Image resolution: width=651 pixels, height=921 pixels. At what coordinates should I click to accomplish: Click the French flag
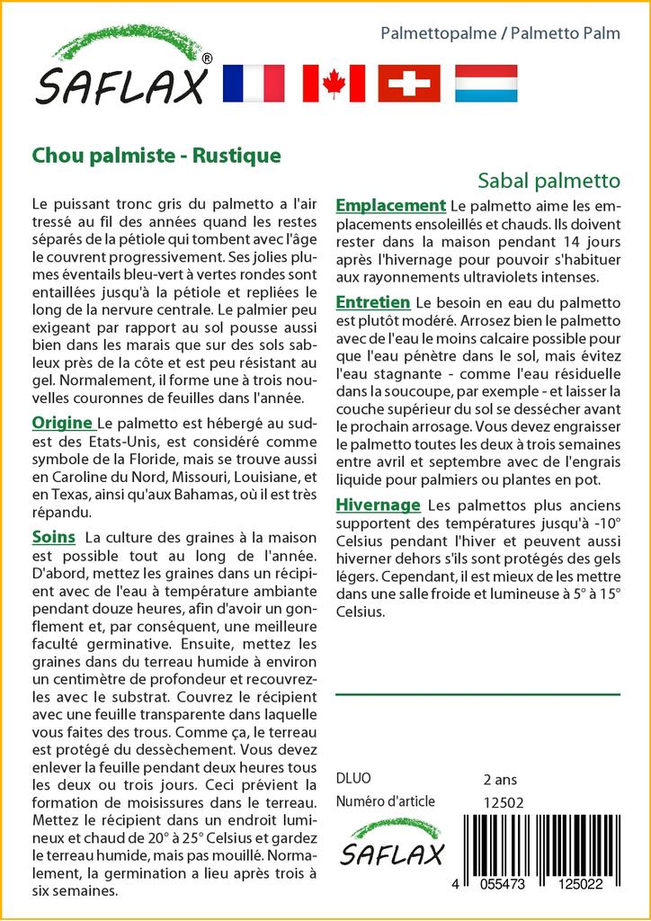pos(253,84)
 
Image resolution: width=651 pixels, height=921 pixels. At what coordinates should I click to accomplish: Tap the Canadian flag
pos(334,84)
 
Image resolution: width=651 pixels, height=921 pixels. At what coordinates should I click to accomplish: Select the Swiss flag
pos(409,84)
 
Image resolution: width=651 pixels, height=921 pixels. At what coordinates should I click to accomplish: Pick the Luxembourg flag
pos(486,84)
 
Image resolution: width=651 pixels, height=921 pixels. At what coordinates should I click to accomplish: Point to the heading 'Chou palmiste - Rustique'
pos(156,155)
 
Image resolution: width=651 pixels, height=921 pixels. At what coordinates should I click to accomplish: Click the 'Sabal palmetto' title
pos(548,179)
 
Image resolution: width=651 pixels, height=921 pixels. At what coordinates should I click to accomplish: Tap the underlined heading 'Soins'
pos(53,537)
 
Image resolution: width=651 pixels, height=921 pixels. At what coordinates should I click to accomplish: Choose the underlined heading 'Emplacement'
pos(390,206)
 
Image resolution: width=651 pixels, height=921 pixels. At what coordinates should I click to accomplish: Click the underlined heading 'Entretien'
pos(372,301)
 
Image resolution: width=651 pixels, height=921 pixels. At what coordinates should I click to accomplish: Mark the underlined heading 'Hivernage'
pos(378,505)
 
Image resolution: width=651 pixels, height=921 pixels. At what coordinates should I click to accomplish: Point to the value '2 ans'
pos(500,779)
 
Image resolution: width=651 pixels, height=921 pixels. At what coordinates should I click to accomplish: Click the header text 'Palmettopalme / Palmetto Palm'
pos(500,34)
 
